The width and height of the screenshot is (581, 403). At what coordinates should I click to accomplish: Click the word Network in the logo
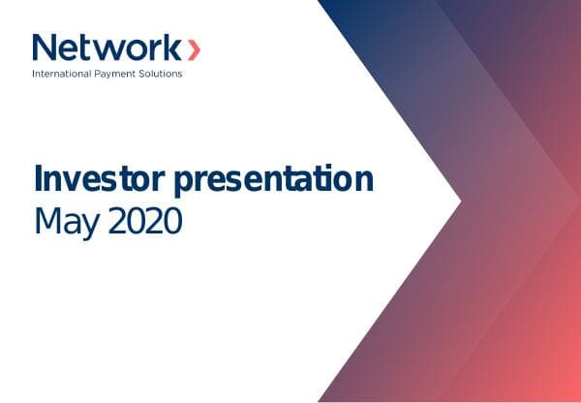105,48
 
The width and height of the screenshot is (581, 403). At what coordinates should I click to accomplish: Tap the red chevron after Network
195,48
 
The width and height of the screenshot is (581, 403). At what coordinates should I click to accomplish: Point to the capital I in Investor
39,181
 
